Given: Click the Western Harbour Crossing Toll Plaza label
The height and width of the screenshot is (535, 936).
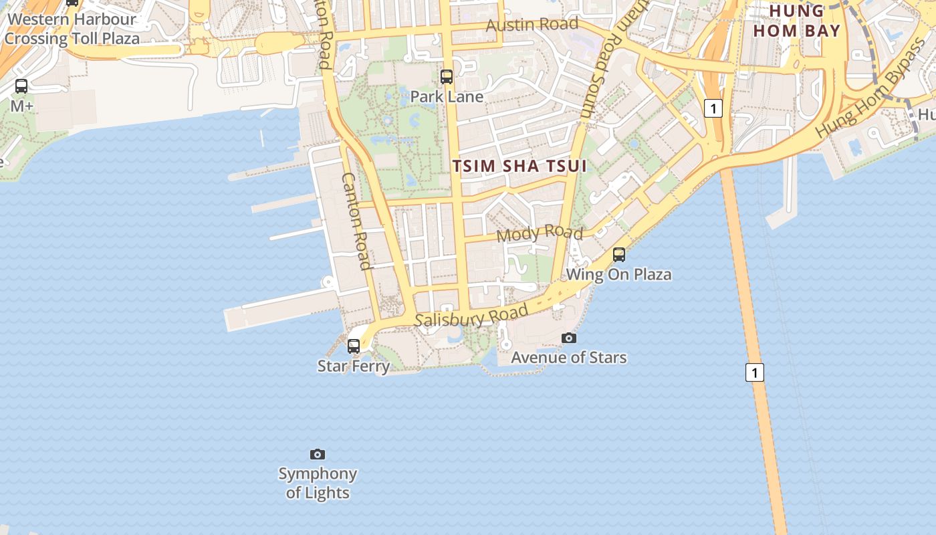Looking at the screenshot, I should tap(72, 29).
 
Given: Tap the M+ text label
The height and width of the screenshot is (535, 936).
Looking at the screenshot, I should tap(22, 106).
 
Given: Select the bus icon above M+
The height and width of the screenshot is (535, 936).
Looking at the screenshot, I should tap(21, 86).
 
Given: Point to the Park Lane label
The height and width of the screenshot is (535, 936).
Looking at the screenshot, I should tap(447, 96).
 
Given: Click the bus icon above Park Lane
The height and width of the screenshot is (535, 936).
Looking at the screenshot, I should tap(447, 77).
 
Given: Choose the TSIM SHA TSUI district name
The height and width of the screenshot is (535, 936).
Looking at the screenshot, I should tap(519, 166).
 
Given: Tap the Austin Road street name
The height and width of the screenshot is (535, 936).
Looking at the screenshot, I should tap(532, 25).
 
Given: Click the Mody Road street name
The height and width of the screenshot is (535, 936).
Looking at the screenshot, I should tap(540, 233).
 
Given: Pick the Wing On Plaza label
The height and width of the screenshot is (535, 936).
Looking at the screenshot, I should tap(619, 274).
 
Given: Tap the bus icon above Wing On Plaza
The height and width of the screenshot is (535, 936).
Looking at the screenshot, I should tap(619, 255).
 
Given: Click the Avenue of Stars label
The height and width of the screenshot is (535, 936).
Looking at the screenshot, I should tap(569, 357).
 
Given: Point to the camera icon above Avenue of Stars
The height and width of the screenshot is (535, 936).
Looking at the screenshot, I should tap(569, 338).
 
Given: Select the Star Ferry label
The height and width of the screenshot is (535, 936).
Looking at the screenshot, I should tap(353, 366).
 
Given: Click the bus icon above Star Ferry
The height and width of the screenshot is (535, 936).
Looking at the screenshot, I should tap(354, 346).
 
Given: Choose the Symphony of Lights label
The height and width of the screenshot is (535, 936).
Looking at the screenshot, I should tap(318, 483).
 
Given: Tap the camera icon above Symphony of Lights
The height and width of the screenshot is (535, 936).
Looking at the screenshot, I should tap(318, 455).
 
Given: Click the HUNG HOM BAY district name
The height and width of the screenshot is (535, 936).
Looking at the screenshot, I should tap(796, 21).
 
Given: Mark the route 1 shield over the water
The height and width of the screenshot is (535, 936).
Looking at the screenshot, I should tap(755, 372).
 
